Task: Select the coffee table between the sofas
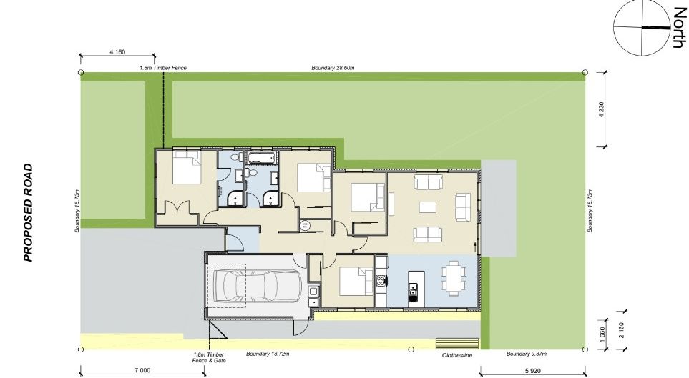(x=428, y=208)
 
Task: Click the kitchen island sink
(x=413, y=289)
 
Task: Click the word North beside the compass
(x=677, y=29)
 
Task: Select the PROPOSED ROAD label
(x=29, y=213)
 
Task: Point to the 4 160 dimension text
(x=117, y=52)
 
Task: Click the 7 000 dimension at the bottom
(x=141, y=370)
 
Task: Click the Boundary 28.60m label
(x=333, y=68)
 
